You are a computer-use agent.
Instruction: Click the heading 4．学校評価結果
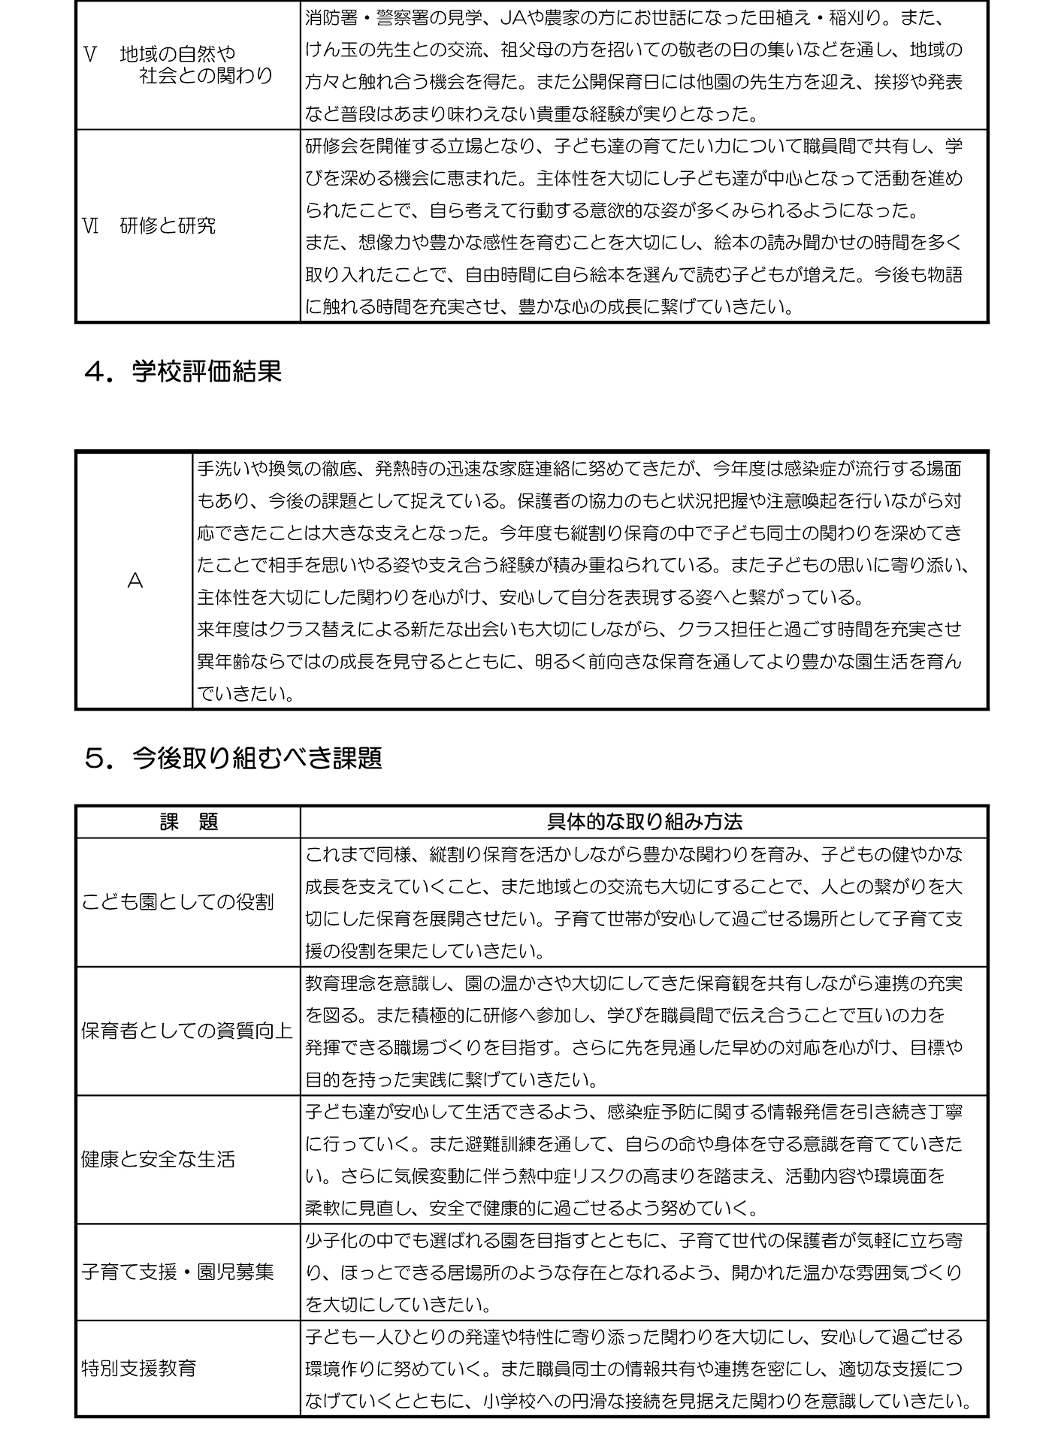183,371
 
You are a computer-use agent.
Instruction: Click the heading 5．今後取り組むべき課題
234,758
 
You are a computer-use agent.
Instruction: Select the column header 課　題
189,822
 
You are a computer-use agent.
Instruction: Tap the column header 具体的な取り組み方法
644,822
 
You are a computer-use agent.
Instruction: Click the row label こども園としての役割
177,902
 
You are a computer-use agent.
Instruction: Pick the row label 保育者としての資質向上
186,1031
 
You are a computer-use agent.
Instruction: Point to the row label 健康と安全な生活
158,1159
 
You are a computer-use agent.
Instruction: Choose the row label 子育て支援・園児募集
177,1272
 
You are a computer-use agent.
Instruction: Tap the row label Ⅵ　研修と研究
149,226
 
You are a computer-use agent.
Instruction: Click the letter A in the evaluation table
135,581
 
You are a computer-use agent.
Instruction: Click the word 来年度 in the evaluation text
223,629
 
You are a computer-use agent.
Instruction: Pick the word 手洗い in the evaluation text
223,469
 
